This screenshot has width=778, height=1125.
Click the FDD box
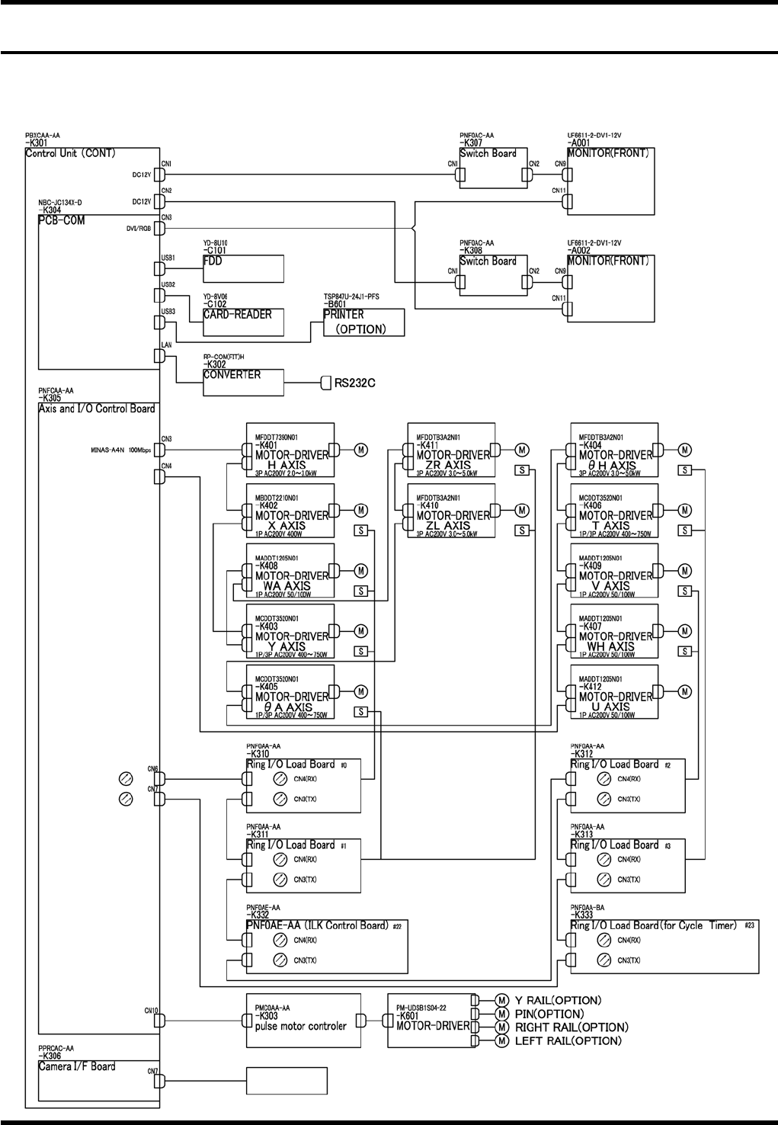243,269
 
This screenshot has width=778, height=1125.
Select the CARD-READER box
243,322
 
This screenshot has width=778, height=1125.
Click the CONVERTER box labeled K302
243,383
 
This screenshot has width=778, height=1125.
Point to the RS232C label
355,383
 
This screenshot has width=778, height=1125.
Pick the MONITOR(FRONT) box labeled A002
610,288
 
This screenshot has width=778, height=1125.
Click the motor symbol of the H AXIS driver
362,450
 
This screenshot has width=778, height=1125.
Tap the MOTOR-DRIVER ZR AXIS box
451,450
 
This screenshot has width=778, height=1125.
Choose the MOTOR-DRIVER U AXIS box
613,692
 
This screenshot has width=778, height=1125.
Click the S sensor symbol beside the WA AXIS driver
362,591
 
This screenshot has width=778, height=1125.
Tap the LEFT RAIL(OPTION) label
568,1040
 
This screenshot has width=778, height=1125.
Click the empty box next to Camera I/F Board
287,1080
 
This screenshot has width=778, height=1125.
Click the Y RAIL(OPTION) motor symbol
501,1000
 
